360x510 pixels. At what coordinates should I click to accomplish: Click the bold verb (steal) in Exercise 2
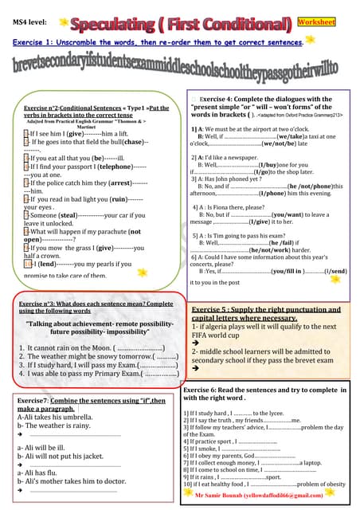point(67,215)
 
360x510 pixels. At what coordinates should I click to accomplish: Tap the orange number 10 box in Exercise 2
point(28,262)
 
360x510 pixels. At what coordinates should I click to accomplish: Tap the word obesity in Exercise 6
point(335,484)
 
